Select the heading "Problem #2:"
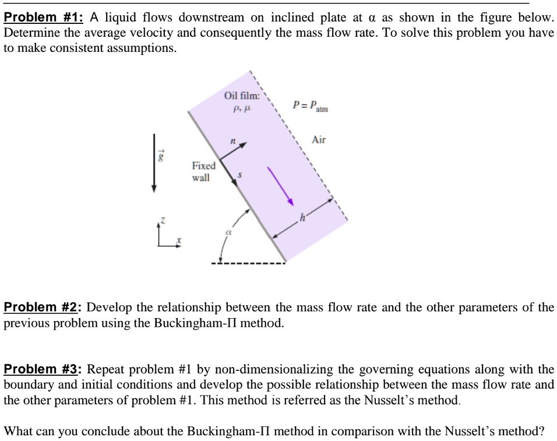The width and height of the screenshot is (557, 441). point(43,308)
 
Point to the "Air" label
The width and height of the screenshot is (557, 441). point(319,140)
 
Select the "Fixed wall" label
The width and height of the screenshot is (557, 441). point(203,171)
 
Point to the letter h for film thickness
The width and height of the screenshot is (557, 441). point(302,218)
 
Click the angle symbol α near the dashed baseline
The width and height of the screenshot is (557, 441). point(221,232)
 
